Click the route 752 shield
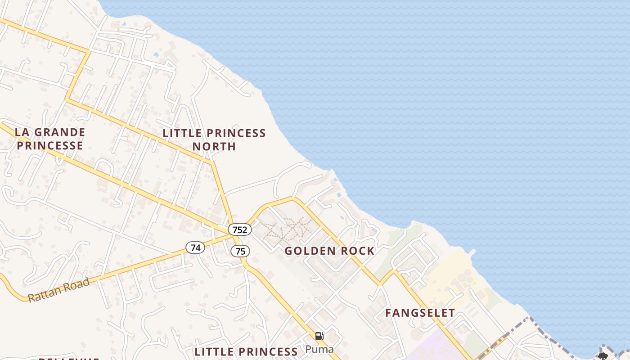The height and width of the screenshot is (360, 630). (239, 229)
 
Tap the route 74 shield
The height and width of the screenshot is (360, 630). (195, 247)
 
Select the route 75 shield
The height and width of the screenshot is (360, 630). (240, 251)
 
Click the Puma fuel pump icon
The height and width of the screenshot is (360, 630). (319, 336)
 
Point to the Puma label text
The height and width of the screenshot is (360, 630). (319, 349)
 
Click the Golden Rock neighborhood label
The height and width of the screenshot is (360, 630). (329, 251)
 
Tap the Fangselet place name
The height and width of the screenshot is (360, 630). (420, 313)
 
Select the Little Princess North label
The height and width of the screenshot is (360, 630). (214, 139)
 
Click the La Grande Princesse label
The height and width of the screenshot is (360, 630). (49, 139)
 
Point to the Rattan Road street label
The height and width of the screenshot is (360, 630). (59, 290)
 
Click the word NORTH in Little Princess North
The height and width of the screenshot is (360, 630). (214, 146)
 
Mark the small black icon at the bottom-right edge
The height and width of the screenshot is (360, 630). (603, 356)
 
